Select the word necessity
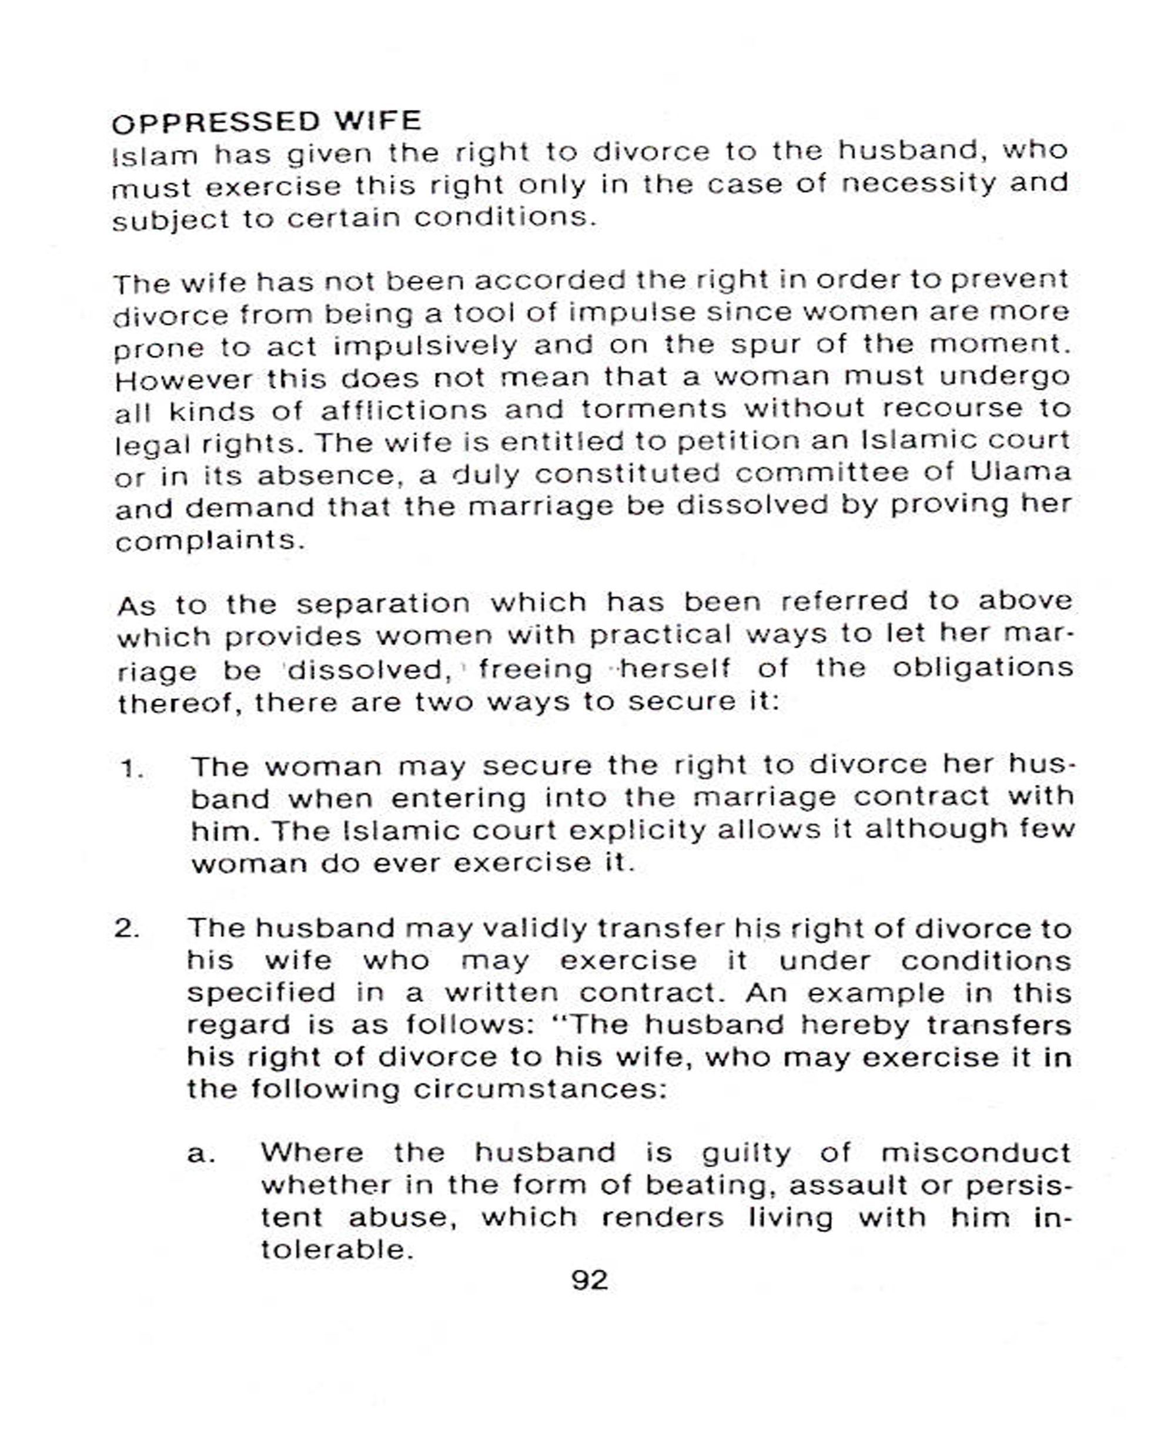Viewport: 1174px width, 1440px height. tap(918, 183)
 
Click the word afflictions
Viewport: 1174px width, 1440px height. tap(403, 410)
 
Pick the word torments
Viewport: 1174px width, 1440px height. tap(654, 409)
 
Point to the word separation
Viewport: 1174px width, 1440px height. tap(383, 603)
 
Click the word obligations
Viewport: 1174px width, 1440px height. tap(982, 668)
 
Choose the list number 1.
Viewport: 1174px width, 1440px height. tap(132, 769)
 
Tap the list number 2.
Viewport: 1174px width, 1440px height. tap(127, 928)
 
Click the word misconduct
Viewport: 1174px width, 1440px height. tap(975, 1153)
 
